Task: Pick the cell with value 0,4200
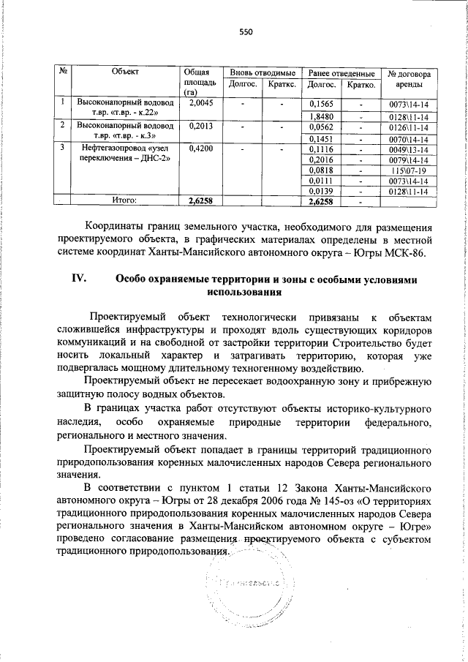pos(200,148)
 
